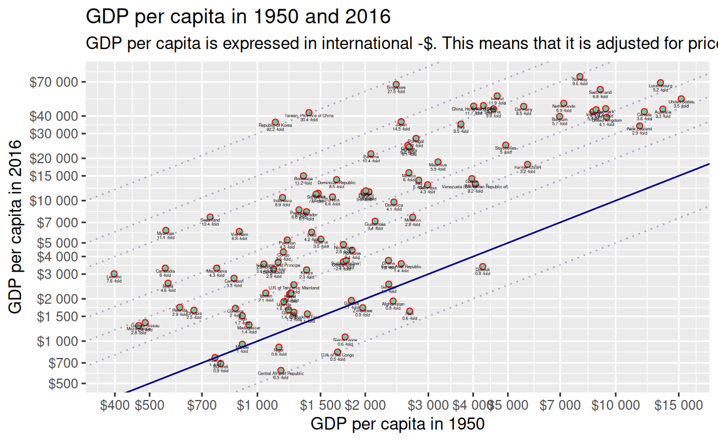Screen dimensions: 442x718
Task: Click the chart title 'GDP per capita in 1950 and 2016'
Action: coord(238,17)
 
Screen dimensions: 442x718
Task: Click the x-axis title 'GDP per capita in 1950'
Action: coord(397,424)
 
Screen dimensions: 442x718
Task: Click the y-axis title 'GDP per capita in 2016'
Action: coord(17,227)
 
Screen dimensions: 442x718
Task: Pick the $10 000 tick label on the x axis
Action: coord(615,406)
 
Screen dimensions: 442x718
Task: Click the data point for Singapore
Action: coord(396,85)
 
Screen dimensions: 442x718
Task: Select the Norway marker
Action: coord(580,77)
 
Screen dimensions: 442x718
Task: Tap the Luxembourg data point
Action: coord(660,83)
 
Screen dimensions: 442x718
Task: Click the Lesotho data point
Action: coord(114,274)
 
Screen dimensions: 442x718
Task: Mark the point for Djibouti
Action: coord(483,266)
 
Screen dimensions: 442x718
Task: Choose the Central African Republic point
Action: coord(281,371)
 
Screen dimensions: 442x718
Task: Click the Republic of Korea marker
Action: coord(275,123)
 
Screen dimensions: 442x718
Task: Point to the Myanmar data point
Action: coord(166,231)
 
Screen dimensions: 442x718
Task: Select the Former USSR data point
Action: coord(528,165)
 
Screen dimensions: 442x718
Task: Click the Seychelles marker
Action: coord(506,146)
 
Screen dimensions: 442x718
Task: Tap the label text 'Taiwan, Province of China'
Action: coord(309,116)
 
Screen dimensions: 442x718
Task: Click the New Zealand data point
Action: coord(639,126)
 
